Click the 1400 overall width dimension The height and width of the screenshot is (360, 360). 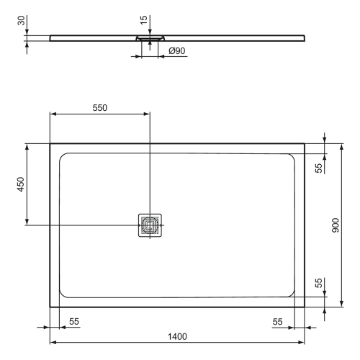tap(177, 336)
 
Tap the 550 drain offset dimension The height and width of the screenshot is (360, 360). tap(100, 108)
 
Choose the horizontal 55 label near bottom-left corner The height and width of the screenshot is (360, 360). tap(75, 320)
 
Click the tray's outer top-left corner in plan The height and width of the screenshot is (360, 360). tap(50, 143)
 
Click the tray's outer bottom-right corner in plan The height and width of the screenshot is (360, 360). tap(305, 307)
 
